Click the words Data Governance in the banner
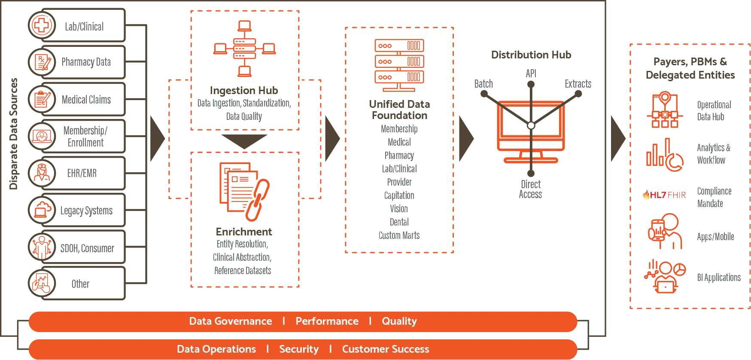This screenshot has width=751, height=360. [230, 321]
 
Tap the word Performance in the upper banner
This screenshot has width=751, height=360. [327, 321]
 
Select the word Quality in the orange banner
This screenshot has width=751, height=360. [399, 321]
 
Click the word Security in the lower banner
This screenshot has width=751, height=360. [299, 349]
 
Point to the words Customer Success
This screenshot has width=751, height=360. [385, 349]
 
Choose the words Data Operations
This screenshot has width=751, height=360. [216, 349]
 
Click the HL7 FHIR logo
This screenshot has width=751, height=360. [664, 195]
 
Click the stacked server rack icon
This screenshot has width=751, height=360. [399, 64]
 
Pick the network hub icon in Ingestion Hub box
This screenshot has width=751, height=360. [245, 48]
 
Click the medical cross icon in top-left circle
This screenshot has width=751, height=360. [42, 25]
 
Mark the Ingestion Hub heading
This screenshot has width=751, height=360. [243, 91]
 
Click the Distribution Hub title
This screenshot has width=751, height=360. [532, 54]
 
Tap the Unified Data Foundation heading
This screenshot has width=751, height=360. [400, 110]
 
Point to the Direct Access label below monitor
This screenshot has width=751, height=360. [531, 189]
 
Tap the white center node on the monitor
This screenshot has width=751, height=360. [531, 125]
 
